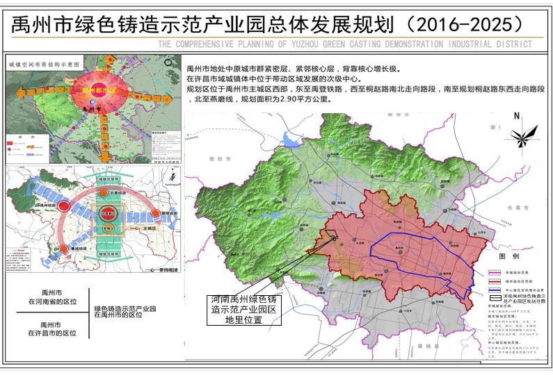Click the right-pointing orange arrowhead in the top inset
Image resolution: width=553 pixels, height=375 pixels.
(x=177, y=99)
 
